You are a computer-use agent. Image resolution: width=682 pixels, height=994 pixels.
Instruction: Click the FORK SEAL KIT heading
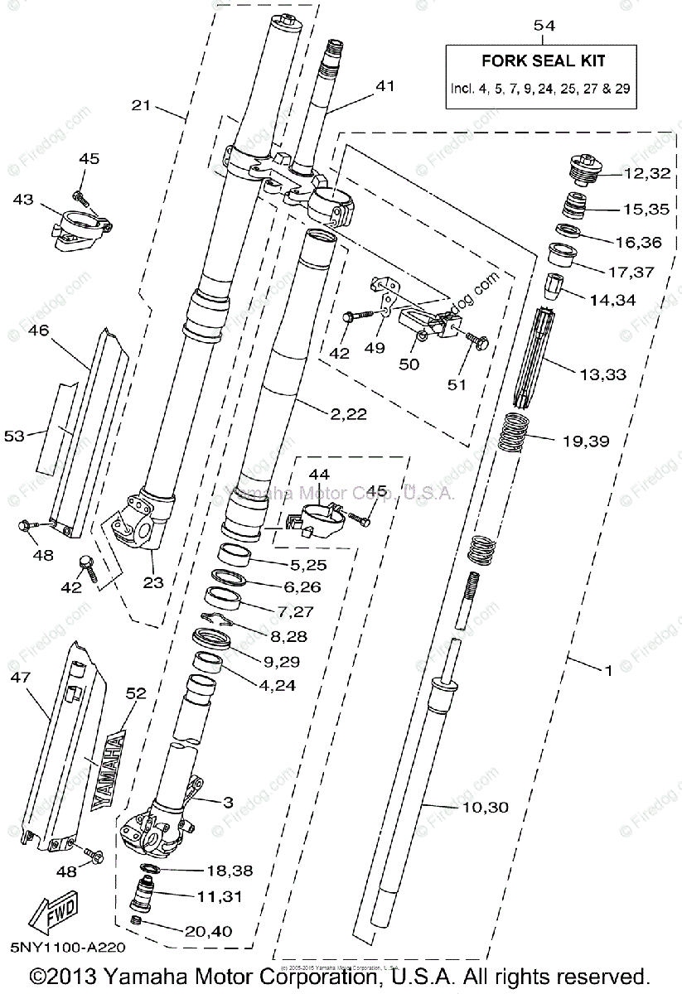[x=544, y=60]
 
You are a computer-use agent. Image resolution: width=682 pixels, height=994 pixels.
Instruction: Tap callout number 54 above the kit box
[x=544, y=26]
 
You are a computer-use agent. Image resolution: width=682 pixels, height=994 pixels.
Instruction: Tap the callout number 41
[x=385, y=85]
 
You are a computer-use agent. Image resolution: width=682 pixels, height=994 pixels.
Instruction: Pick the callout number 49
[x=375, y=348]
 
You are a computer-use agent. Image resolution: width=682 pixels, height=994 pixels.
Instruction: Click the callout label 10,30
[x=485, y=807]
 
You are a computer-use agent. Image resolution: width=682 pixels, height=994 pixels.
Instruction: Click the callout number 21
[x=143, y=105]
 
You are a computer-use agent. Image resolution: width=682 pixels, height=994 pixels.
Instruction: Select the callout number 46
[x=38, y=330]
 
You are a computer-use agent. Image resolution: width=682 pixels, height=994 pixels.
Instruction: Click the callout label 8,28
[x=289, y=636]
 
